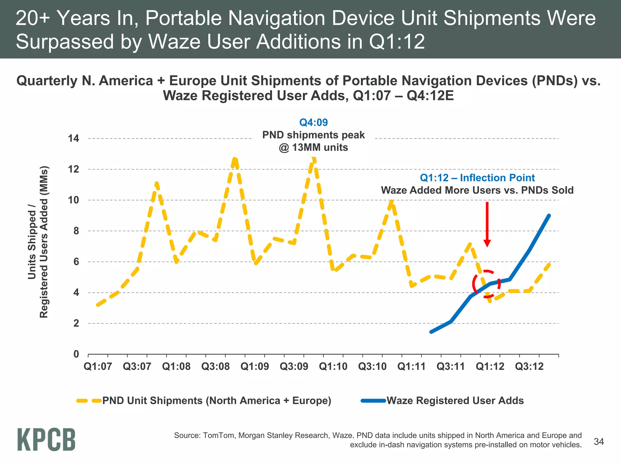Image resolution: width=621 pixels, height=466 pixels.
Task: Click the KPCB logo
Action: tap(46, 439)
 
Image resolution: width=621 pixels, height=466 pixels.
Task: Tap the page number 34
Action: tap(599, 442)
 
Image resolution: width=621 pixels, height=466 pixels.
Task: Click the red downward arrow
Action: tap(487, 225)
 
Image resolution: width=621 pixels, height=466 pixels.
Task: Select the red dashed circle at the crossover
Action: tap(486, 284)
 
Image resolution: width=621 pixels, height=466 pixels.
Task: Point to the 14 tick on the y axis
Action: tap(73, 139)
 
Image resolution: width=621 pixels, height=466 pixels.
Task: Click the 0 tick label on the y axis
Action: tap(76, 354)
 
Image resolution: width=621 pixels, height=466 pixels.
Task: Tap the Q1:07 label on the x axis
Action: tap(98, 366)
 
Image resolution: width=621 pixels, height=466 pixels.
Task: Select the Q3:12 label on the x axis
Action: tap(529, 366)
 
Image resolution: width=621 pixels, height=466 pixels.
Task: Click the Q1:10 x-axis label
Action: tap(333, 366)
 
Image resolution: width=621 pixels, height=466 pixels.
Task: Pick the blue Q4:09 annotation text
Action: tap(313, 123)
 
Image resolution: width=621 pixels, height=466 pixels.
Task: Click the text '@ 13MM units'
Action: tap(313, 148)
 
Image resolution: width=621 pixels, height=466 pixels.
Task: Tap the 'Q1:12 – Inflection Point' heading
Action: tap(477, 178)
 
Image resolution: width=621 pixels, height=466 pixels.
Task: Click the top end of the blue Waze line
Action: tap(549, 215)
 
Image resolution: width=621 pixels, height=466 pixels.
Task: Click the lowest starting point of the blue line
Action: tap(431, 332)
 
